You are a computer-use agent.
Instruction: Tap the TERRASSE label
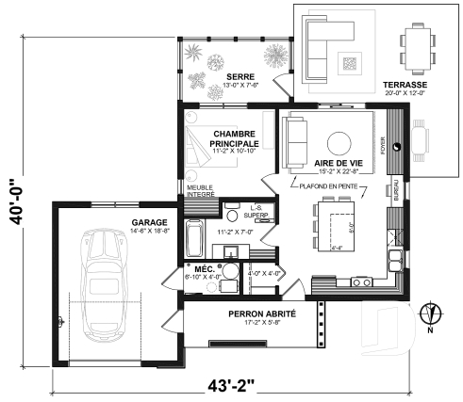coord(406,83)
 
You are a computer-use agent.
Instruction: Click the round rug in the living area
coord(337,142)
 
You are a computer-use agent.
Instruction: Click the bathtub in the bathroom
coord(194,239)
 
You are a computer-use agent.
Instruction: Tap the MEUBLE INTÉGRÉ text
coord(200,191)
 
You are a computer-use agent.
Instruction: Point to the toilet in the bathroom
coord(230,215)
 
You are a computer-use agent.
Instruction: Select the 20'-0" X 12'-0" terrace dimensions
coord(406,92)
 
